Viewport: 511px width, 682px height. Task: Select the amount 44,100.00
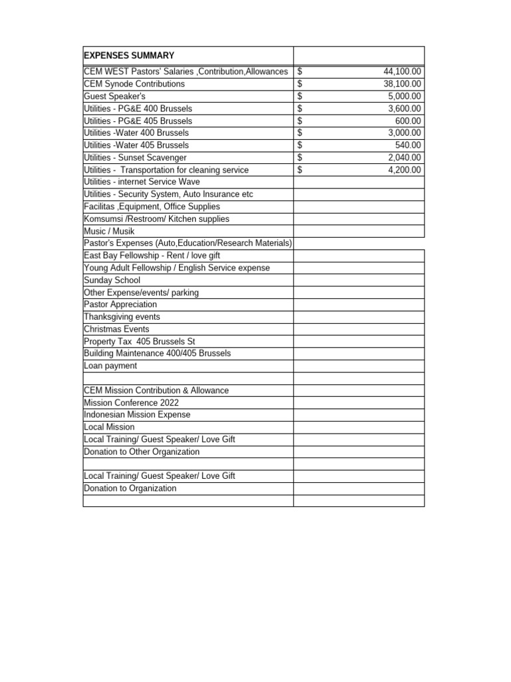coord(402,72)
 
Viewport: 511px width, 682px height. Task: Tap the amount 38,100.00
coord(402,84)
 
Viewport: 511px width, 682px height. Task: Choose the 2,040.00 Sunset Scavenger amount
coord(405,157)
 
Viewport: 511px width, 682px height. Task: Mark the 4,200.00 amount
coord(405,170)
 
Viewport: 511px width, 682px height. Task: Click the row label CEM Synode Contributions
coord(134,84)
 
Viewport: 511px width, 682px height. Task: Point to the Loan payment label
coord(110,366)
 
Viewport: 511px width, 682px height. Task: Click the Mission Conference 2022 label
coord(131,402)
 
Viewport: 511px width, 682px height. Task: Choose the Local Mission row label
coord(109,427)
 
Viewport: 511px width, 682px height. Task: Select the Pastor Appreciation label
coord(120,304)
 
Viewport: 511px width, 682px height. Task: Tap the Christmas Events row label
coord(116,329)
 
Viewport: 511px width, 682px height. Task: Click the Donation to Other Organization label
coord(142,452)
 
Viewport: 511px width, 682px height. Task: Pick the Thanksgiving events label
coord(122,317)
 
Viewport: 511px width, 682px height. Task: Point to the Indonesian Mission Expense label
coord(137,414)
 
